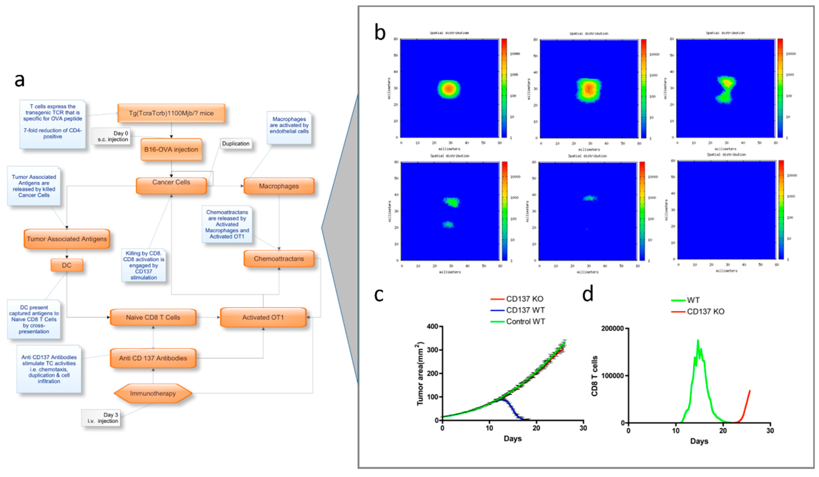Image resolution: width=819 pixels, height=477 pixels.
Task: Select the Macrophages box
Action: click(x=279, y=186)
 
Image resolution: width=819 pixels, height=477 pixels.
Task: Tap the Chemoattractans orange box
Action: click(x=279, y=259)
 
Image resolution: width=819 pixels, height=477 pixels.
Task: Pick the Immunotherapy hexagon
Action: click(x=153, y=393)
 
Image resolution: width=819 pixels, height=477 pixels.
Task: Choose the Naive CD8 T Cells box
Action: click(x=153, y=317)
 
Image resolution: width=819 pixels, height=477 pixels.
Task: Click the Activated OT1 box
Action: click(x=263, y=317)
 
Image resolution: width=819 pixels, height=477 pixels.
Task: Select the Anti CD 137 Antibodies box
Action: click(x=153, y=358)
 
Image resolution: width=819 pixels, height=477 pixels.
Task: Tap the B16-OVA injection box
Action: click(x=171, y=149)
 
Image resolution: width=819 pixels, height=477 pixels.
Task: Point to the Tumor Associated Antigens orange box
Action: click(x=67, y=239)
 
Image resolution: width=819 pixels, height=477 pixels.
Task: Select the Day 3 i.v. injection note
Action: click(x=101, y=418)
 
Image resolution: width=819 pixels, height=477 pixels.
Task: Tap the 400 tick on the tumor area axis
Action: click(x=432, y=326)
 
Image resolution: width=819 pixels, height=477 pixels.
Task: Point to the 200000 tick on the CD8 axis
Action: click(x=612, y=329)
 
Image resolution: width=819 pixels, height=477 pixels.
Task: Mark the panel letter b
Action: click(x=380, y=33)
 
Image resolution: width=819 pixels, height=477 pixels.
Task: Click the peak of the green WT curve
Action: click(x=698, y=340)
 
